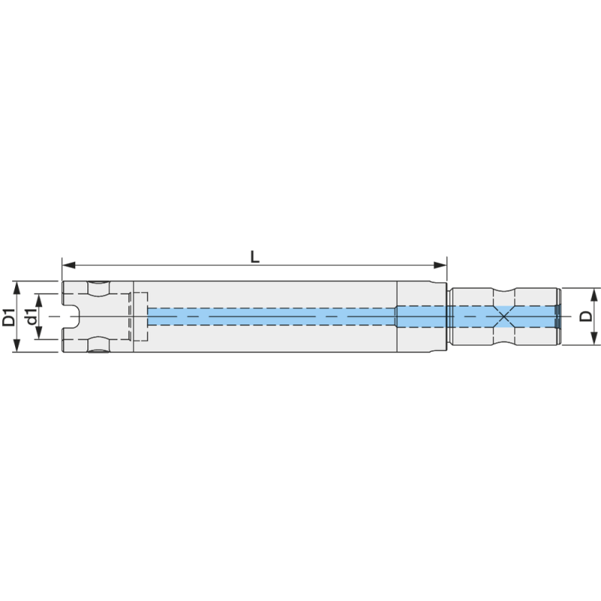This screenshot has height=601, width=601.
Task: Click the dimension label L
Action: tap(255, 256)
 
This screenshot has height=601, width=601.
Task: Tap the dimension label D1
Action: tap(9, 316)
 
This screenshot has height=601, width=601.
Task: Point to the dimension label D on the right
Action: tap(584, 316)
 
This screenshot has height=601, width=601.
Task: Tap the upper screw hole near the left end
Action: tap(98, 288)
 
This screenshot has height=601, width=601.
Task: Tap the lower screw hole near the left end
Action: tap(98, 344)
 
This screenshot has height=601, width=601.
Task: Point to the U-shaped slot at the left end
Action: tap(70, 316)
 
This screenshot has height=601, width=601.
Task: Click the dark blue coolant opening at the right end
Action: tap(557, 316)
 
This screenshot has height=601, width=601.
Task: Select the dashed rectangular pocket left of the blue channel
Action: tap(139, 316)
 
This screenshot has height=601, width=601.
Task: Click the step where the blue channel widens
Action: tap(397, 316)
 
